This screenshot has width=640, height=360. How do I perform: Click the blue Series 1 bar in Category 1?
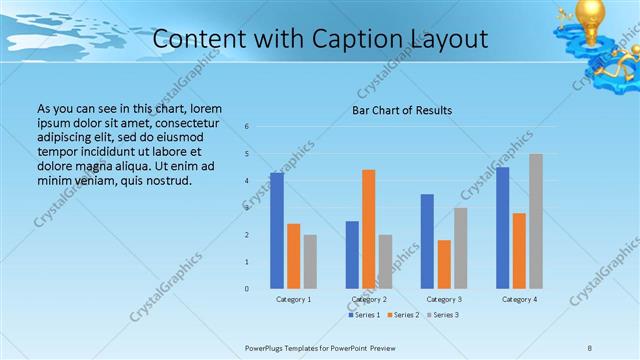[276, 231]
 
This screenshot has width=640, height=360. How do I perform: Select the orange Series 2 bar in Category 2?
[368, 229]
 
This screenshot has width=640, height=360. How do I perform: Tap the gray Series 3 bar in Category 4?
[535, 221]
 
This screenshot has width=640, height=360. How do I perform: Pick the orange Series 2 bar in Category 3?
[444, 264]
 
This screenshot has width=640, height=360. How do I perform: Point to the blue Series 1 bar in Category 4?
[502, 228]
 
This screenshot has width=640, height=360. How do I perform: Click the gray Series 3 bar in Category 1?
[310, 261]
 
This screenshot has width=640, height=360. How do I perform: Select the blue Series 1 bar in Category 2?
[352, 255]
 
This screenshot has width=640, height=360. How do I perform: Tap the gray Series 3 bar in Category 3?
[460, 248]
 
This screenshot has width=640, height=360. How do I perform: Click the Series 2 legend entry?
[404, 315]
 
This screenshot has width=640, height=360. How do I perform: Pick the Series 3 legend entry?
[443, 315]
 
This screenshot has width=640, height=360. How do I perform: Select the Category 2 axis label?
[369, 299]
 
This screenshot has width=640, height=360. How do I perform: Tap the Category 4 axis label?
[519, 299]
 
